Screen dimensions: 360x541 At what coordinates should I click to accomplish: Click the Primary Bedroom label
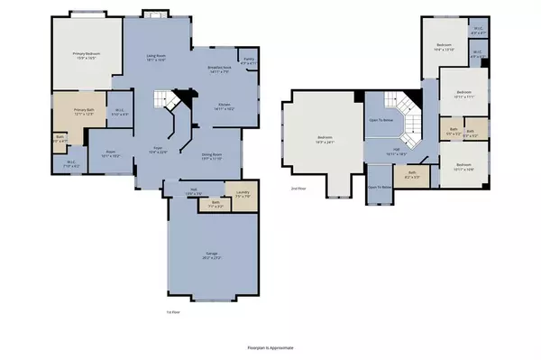point(84,56)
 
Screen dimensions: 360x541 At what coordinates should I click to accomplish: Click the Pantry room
point(249,61)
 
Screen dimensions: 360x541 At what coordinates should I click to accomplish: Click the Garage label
point(211,256)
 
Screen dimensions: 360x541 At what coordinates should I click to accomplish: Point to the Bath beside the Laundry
point(215,204)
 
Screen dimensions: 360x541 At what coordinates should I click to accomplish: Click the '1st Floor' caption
point(160,311)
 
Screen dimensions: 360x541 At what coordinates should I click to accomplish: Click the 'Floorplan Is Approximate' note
point(270,347)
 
